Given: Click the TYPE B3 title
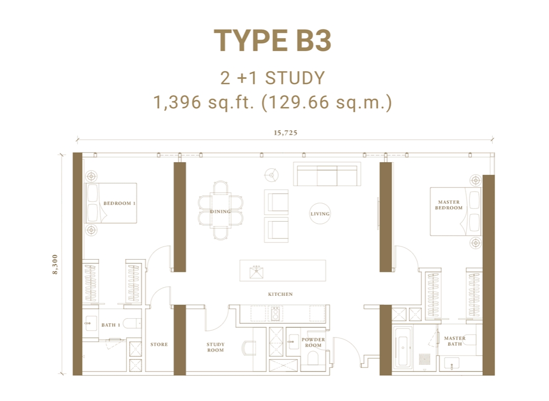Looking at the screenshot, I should pos(272,41).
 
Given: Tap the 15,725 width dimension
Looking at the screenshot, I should pos(285,133).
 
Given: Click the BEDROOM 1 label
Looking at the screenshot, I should pos(119,203).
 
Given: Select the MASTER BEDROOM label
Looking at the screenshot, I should pos(449,205).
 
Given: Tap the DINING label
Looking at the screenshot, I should pos(220,211).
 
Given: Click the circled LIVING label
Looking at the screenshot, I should pos(320,214).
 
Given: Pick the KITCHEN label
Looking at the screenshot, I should pos(280,294).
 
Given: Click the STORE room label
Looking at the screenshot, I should pos(159,345).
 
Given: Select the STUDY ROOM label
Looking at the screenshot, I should pos(215,347).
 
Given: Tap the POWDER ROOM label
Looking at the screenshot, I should pos(313,343).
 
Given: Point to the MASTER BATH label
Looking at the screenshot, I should pos(454,341).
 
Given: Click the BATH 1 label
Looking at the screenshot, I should pos(110,325).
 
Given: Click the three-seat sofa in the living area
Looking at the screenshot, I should pos(327,174).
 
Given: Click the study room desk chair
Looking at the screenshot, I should pos(250,348).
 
